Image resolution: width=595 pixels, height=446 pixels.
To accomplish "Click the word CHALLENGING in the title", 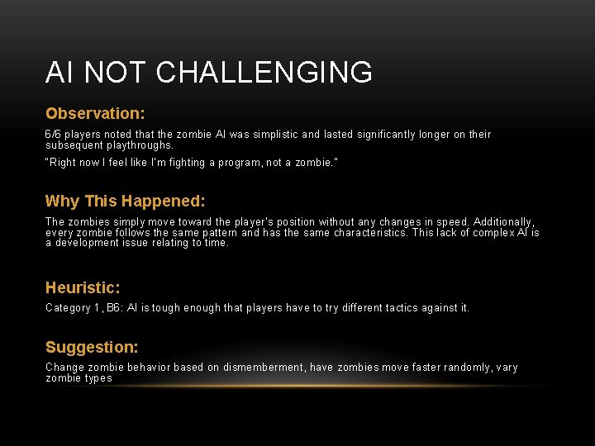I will tap(264, 73).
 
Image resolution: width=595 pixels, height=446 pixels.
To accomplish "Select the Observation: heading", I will tap(95, 113).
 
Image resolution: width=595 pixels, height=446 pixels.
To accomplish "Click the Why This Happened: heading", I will tap(125, 201).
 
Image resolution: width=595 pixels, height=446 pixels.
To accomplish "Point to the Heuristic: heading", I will tap(83, 288).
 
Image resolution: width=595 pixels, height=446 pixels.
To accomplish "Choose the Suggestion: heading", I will tap(92, 348).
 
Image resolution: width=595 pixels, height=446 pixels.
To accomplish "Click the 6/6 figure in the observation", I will tap(53, 135).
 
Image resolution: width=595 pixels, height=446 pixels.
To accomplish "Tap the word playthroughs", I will tap(135, 145).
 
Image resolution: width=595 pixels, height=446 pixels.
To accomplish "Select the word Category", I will tap(68, 308).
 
